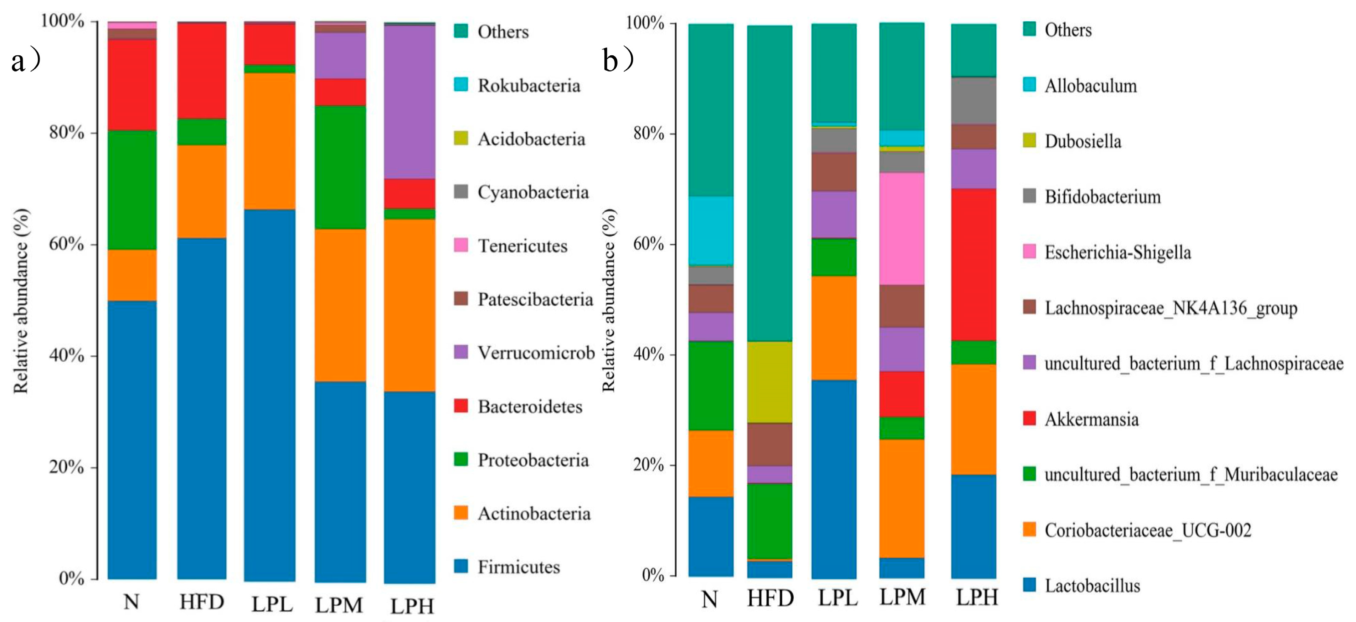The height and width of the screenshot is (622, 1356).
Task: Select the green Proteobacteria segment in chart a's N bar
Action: [132, 189]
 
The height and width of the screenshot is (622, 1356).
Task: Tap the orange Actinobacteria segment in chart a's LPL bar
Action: [269, 140]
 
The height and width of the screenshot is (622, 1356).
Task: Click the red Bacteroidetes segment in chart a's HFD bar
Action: [202, 71]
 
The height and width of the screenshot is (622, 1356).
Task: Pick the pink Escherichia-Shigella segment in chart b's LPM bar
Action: [902, 228]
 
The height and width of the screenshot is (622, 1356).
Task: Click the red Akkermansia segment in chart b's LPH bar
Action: [973, 264]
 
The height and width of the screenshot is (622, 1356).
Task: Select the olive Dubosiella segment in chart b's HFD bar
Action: [770, 382]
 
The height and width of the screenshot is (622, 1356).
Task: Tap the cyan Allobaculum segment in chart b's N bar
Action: [711, 231]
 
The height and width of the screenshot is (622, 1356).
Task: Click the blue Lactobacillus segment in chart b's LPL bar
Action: [834, 479]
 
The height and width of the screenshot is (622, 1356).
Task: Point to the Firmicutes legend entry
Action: [518, 567]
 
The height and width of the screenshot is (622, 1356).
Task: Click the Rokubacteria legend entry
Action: [528, 85]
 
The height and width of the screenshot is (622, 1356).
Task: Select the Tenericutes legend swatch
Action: [461, 245]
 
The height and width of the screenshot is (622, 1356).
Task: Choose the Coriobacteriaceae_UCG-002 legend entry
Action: [1147, 530]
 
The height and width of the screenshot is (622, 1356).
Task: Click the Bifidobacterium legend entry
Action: [1102, 197]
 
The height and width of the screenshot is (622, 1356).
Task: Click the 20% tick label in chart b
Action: [648, 465]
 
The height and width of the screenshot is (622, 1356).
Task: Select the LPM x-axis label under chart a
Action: [339, 605]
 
